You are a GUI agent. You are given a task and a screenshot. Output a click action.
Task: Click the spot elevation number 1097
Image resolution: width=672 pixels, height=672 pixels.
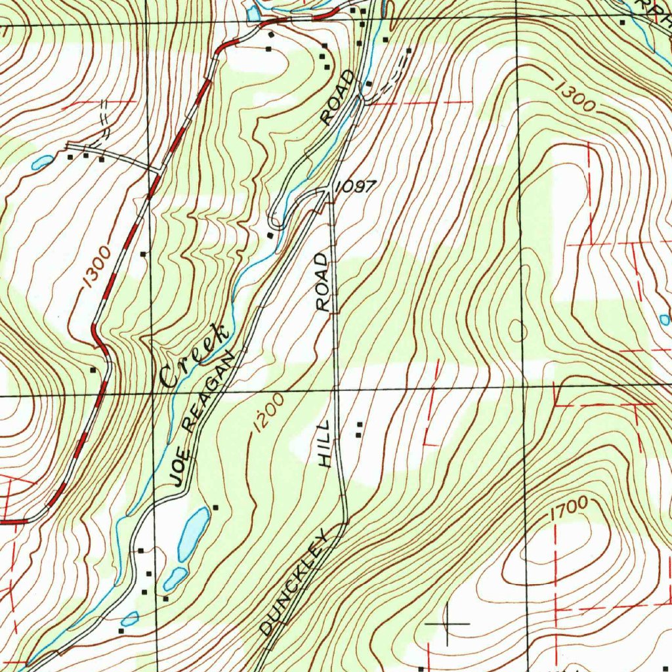pyautogui.click(x=355, y=187)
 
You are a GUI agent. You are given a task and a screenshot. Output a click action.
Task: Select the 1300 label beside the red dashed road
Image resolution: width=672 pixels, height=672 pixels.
pyautogui.click(x=96, y=270)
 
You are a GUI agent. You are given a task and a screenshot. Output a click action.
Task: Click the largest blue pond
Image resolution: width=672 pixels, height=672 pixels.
pyautogui.click(x=194, y=531)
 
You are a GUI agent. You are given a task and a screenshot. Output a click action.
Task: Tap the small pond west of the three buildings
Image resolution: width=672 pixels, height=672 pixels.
pyautogui.click(x=41, y=161)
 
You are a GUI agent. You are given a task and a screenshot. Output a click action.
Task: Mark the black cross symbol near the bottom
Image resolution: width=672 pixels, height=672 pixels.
pyautogui.click(x=448, y=622)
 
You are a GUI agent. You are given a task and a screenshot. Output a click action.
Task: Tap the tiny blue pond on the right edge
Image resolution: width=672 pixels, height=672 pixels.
pyautogui.click(x=665, y=320)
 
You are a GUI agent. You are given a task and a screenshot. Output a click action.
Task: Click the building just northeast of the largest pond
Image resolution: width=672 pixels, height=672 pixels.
pyautogui.click(x=215, y=507)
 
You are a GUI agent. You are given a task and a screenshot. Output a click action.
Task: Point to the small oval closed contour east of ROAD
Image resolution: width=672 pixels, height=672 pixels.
pyautogui.click(x=516, y=330)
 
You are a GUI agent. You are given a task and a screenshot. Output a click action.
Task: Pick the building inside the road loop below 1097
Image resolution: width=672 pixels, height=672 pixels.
pyautogui.click(x=270, y=235)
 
